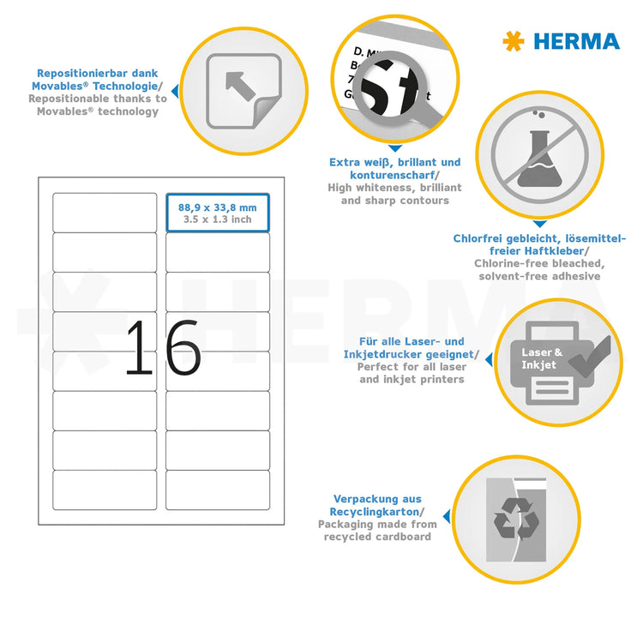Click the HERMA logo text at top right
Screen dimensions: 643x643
click(576, 41)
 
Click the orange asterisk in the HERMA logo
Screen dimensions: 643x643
click(514, 41)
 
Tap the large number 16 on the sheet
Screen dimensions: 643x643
click(162, 348)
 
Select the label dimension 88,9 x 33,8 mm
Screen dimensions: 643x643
click(217, 207)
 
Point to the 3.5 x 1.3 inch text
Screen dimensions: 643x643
click(217, 219)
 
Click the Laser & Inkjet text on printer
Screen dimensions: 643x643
click(543, 358)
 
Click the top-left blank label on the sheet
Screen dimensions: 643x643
click(105, 212)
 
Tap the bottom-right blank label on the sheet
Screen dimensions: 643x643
click(217, 490)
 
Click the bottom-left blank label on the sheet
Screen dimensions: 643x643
click(105, 490)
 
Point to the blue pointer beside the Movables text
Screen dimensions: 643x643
click(175, 89)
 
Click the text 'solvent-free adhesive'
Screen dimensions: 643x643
click(539, 276)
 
